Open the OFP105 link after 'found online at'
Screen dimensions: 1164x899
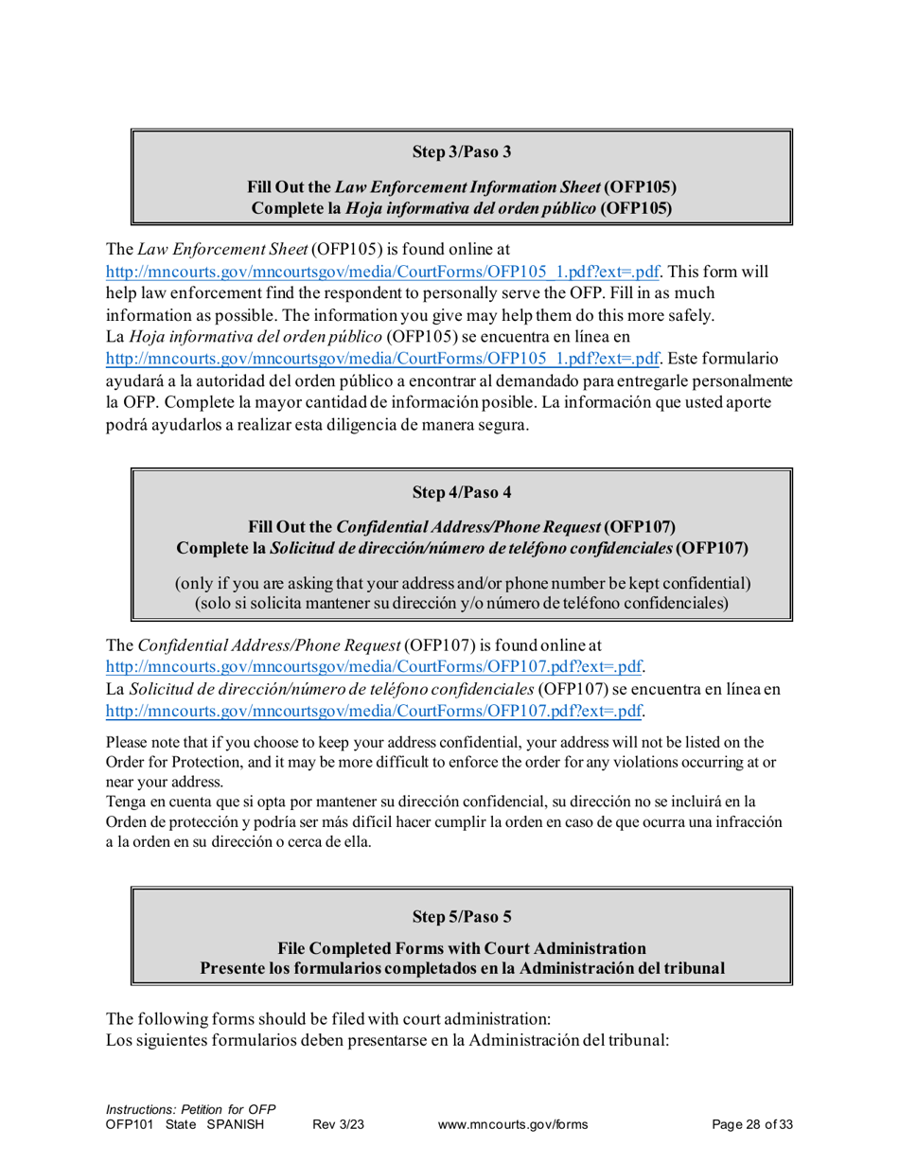[382, 272]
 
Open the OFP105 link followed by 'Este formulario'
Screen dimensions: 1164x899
[382, 360]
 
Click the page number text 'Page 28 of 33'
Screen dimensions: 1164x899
[751, 1124]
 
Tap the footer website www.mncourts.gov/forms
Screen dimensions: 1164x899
[514, 1124]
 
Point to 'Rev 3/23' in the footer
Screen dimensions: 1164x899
[338, 1124]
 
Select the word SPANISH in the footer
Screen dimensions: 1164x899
[234, 1124]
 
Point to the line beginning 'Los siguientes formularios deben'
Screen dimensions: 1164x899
[387, 1039]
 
